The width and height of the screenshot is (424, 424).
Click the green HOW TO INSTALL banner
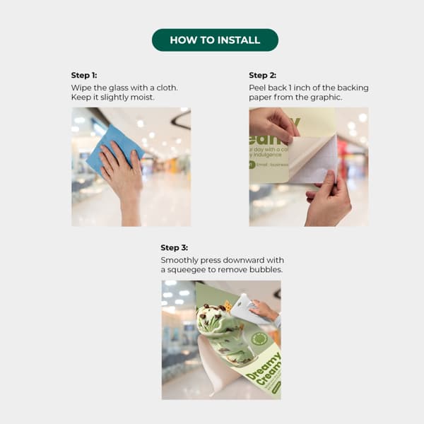click(215, 40)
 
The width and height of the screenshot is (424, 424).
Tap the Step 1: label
click(85, 75)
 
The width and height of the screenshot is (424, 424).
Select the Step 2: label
click(262, 75)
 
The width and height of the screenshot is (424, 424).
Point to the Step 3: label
click(175, 248)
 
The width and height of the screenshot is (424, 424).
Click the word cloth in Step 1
click(165, 88)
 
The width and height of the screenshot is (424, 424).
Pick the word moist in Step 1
click(141, 97)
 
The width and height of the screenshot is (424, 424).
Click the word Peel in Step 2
click(259, 88)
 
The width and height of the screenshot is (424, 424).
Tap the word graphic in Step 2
click(325, 97)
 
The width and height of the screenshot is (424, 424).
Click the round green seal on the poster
click(259, 339)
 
